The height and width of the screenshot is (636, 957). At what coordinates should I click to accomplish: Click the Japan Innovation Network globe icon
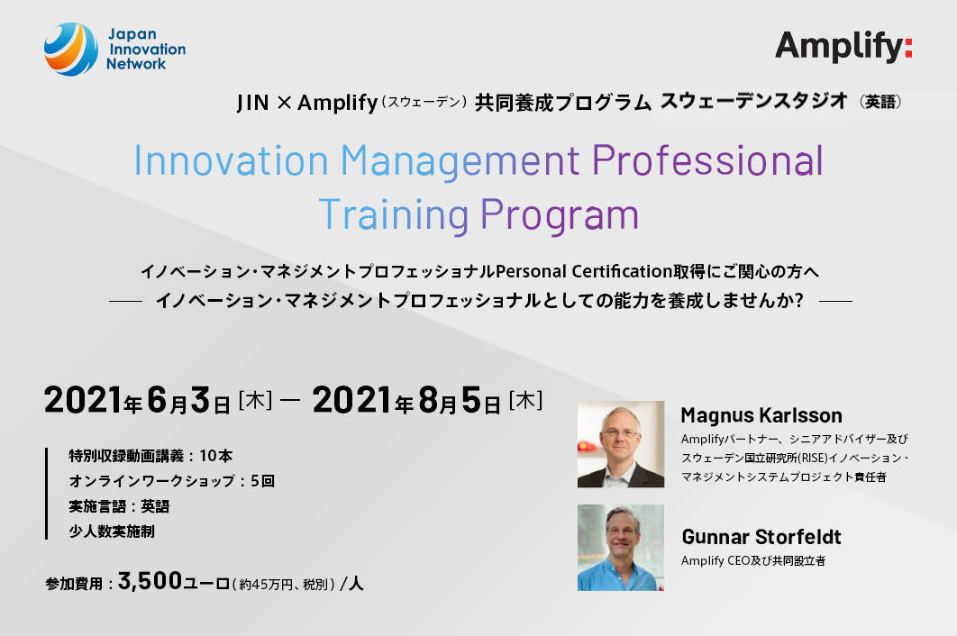coord(71,49)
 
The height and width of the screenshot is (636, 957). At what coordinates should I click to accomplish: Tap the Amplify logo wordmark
coord(843,47)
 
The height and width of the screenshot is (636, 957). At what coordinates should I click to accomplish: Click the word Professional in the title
coord(707,160)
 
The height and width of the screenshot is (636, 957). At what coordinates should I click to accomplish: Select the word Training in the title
coord(394,214)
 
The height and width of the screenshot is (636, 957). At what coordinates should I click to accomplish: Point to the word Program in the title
coord(560,215)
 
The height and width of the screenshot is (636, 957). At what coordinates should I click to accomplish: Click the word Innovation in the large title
coord(232,160)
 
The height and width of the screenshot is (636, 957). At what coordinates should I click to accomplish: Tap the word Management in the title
coord(460,161)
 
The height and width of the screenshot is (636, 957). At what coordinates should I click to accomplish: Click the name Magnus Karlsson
coord(761,415)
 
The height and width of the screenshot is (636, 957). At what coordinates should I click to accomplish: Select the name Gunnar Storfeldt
coord(761,537)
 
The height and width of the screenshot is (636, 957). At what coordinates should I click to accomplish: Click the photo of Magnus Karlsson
coord(621,444)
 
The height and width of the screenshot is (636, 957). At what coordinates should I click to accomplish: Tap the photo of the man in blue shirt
coord(621,548)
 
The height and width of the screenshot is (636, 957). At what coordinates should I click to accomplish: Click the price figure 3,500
coord(150,581)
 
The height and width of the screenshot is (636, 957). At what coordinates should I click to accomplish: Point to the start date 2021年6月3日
coord(137,400)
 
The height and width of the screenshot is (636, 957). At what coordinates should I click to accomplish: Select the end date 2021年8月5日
coord(406,400)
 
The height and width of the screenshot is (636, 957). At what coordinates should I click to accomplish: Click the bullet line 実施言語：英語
coord(119,506)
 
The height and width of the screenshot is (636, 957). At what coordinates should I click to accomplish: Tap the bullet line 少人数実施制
coord(112,531)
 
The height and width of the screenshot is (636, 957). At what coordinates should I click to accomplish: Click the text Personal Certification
coord(583,271)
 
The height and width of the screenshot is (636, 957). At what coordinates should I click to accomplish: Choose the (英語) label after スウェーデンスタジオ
coord(880,102)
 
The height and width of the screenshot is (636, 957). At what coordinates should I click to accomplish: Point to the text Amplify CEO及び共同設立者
coord(753,560)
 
